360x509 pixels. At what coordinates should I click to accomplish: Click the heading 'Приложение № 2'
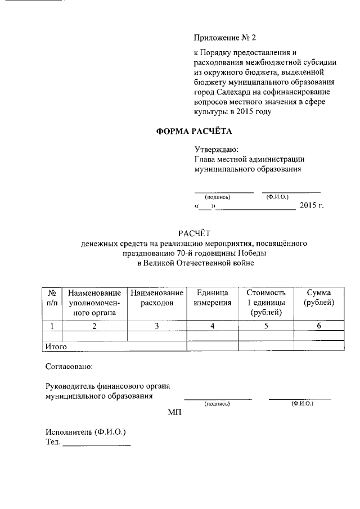(x=224, y=38)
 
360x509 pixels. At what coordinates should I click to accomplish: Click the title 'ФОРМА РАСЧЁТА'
(x=193, y=132)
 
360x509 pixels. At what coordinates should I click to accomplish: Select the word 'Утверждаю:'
(x=216, y=150)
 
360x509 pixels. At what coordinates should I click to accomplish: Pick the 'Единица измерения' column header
(x=213, y=298)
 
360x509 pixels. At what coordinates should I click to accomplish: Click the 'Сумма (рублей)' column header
(x=318, y=298)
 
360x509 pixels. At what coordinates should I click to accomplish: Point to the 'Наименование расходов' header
(x=157, y=298)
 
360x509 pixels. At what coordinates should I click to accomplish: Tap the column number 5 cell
(x=266, y=326)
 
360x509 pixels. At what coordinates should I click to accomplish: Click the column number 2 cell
(x=94, y=326)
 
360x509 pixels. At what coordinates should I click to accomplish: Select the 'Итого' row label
(x=56, y=346)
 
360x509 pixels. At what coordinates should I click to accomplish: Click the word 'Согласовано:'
(x=69, y=367)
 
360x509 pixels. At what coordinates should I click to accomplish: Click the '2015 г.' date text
(x=312, y=206)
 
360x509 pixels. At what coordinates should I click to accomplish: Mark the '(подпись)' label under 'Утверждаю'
(x=218, y=197)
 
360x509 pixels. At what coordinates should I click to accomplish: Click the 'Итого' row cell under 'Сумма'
(x=318, y=346)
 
